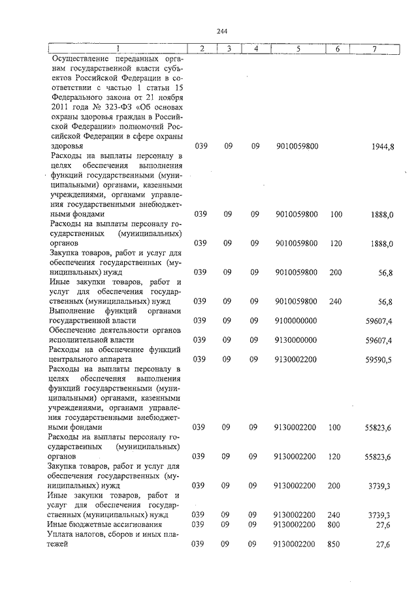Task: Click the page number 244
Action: tap(221, 31)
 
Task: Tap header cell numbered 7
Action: tap(374, 48)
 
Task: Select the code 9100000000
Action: tap(297, 320)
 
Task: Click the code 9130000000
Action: tap(297, 340)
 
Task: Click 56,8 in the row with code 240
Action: tap(384, 302)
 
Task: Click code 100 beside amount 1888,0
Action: tap(336, 214)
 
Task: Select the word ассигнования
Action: tap(137, 524)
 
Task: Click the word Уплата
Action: tap(62, 535)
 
